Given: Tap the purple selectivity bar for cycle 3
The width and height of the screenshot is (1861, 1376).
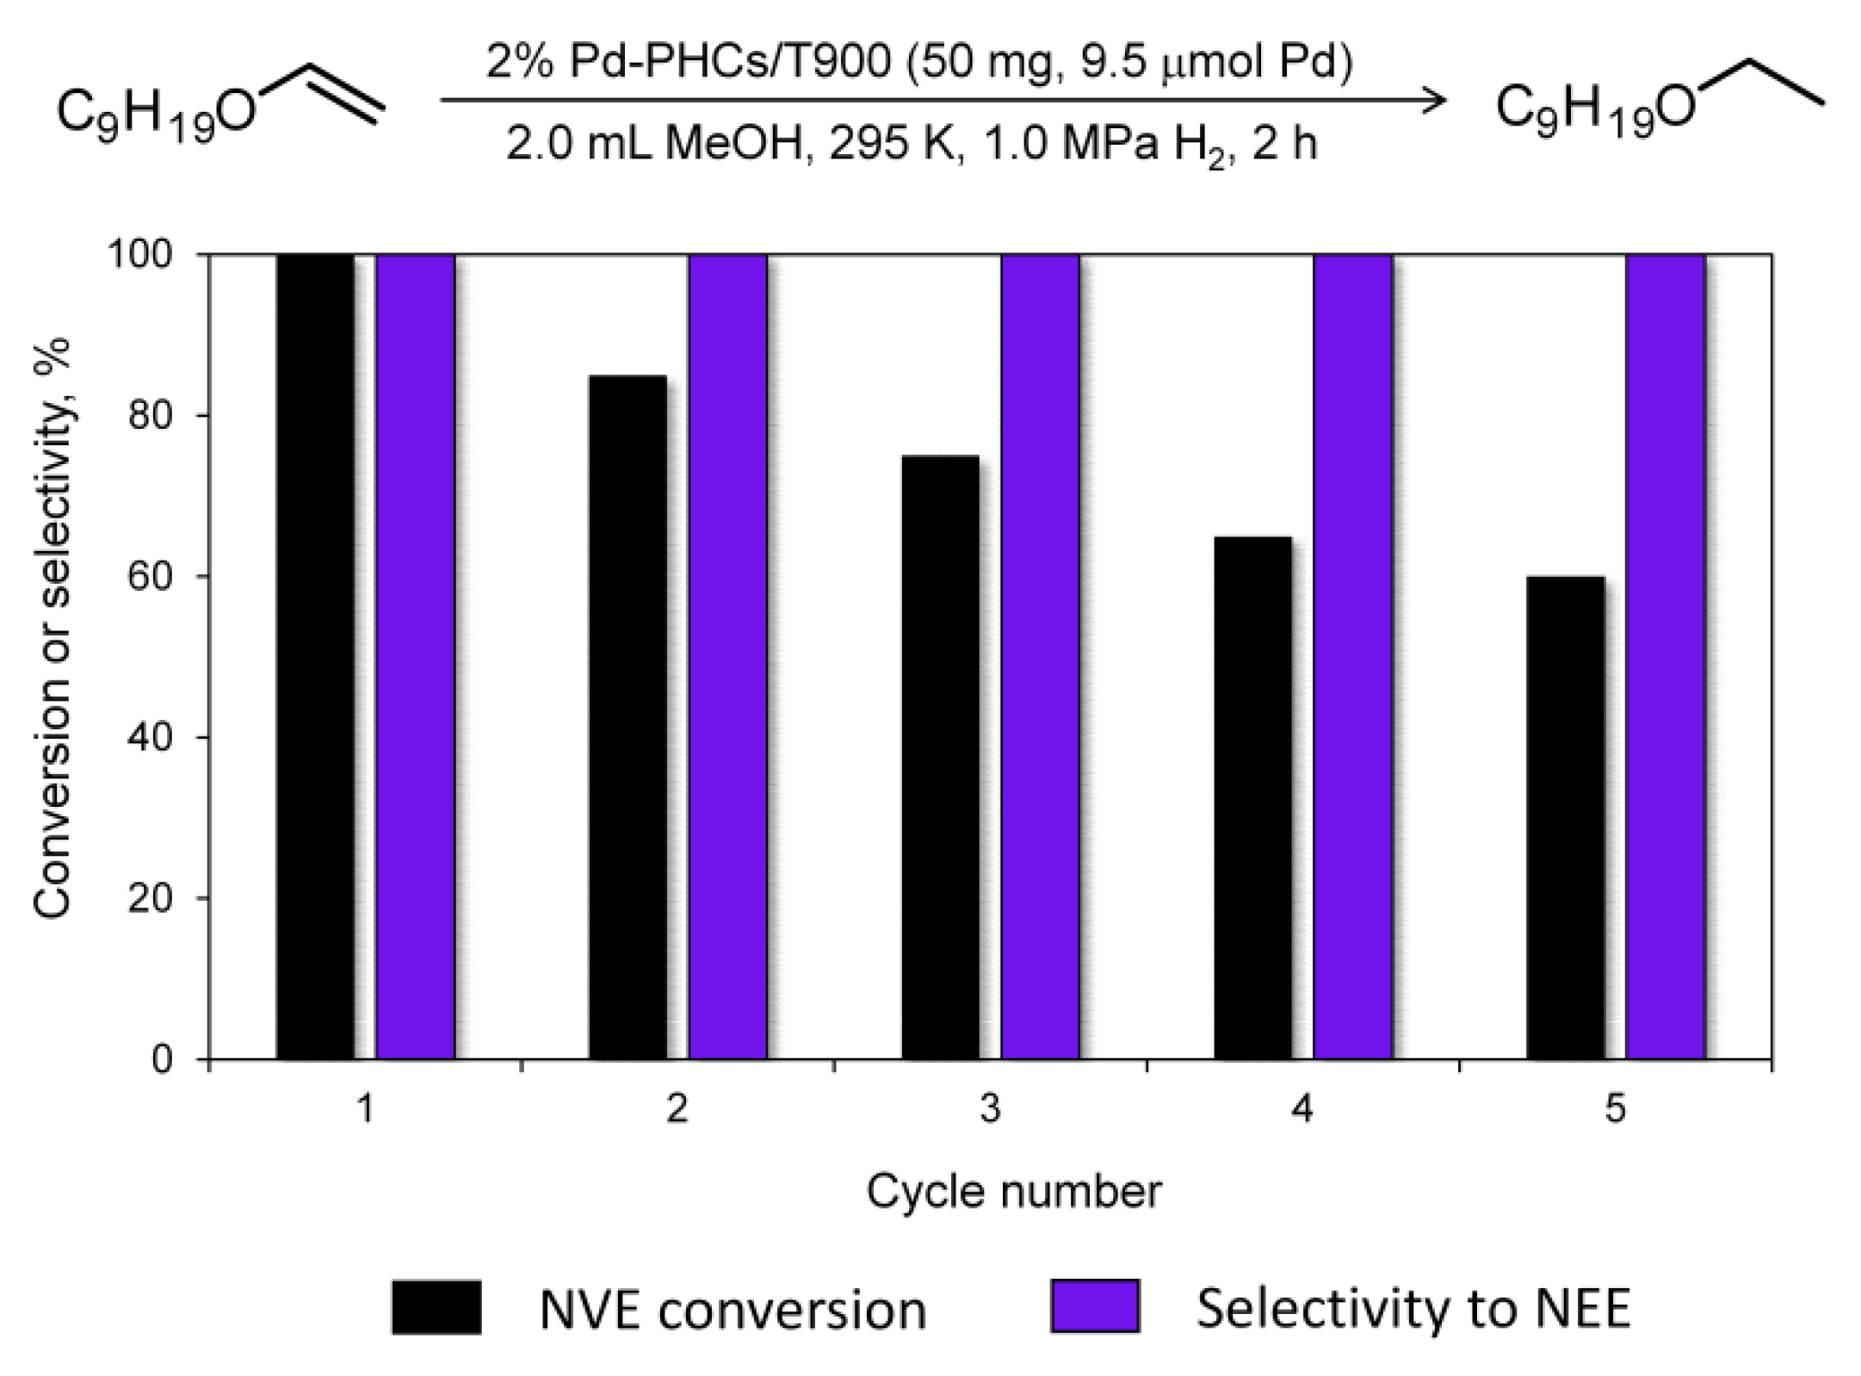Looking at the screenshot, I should pos(1040,656).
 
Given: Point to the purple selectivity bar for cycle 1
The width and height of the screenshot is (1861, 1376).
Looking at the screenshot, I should pos(415,656).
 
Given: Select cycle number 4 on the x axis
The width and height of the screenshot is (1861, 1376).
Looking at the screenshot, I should pos(1303,1109).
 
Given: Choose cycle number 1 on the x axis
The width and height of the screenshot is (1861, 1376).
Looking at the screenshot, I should pos(366,1109).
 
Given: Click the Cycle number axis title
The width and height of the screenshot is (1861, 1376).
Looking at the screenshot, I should pos(1013,1193).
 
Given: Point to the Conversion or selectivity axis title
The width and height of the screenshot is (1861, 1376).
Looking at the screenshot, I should pos(53,629).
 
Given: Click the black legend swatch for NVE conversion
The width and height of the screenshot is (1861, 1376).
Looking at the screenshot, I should pos(436,1307).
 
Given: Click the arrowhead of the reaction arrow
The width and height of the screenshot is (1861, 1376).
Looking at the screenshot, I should pos(1433,101).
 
